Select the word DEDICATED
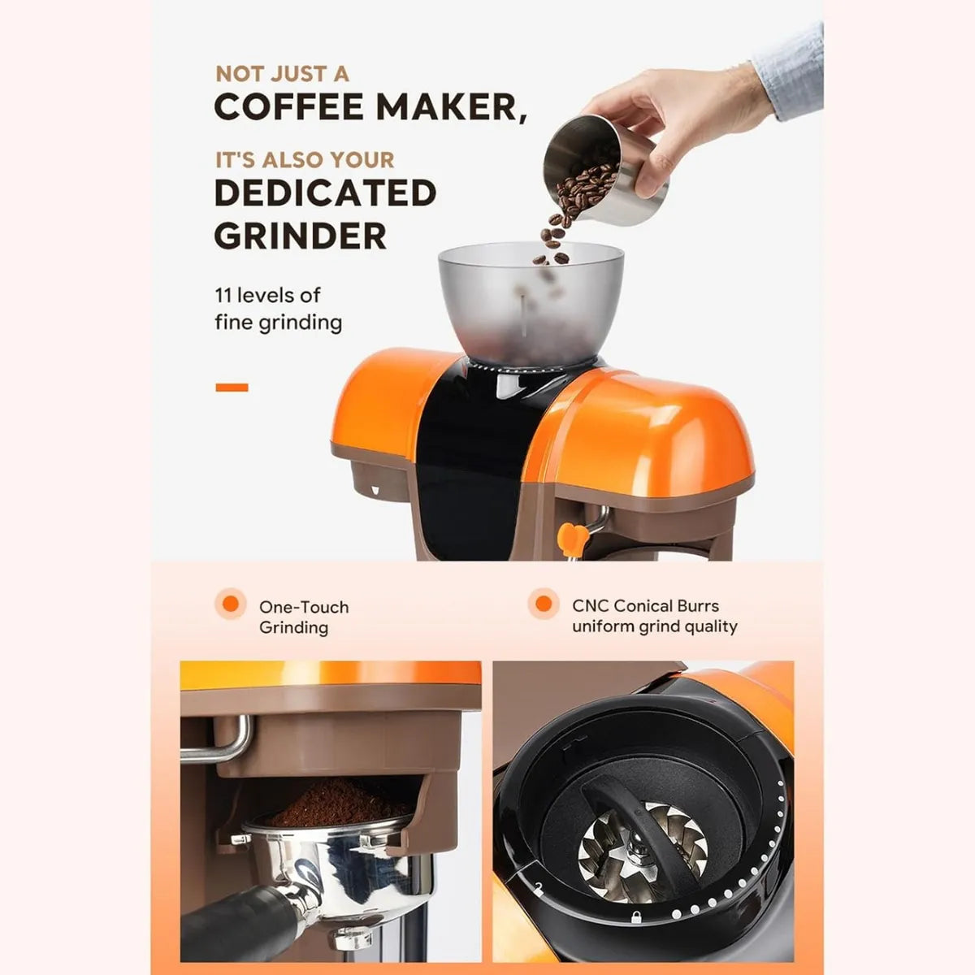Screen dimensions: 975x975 pyautogui.click(x=325, y=193)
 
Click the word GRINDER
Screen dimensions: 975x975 pyautogui.click(x=301, y=236)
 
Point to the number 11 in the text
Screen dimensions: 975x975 pyautogui.click(x=223, y=295)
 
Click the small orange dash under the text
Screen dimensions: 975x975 pyautogui.click(x=232, y=388)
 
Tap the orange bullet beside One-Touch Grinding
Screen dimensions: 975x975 pyautogui.click(x=231, y=604)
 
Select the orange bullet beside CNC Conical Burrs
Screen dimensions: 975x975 pyautogui.click(x=544, y=604)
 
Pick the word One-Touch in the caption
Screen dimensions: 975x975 pyautogui.click(x=303, y=607)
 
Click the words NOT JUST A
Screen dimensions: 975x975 pyautogui.click(x=282, y=74)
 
